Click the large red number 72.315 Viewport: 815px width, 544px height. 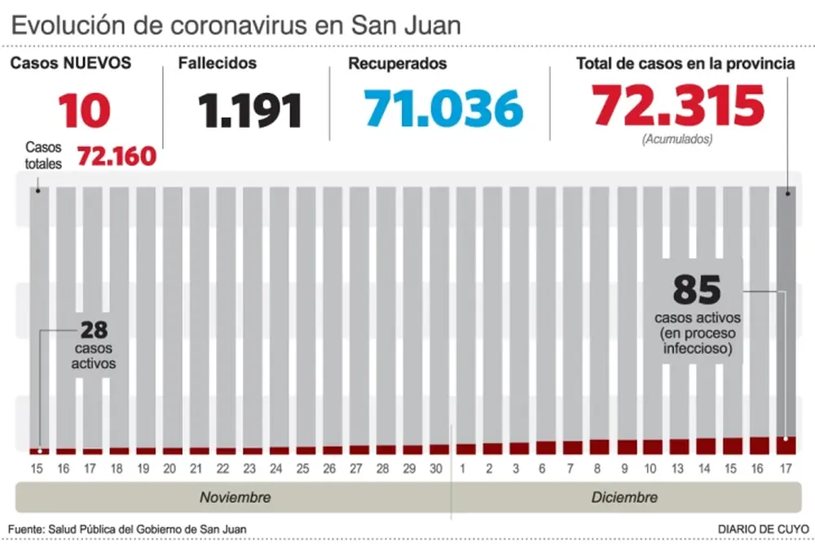pyautogui.click(x=678, y=107)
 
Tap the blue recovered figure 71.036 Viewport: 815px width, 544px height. pyautogui.click(x=443, y=108)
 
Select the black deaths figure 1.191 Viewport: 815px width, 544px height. pyautogui.click(x=250, y=110)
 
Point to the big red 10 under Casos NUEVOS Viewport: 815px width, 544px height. pyautogui.click(x=84, y=110)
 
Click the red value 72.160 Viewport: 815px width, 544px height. pyautogui.click(x=117, y=156)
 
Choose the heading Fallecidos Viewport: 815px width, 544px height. pyautogui.click(x=218, y=64)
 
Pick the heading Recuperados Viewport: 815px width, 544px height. pyautogui.click(x=397, y=64)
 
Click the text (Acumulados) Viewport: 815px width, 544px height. pyautogui.click(x=677, y=139)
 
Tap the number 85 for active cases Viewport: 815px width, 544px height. pyautogui.click(x=697, y=290)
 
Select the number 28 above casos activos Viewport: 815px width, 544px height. pyautogui.click(x=94, y=331)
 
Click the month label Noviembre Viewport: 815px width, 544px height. pyautogui.click(x=236, y=497)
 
